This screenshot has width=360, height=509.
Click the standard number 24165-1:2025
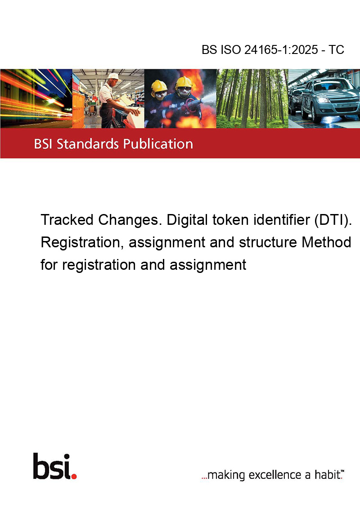tap(281, 49)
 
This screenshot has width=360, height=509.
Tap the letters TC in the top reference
tap(336, 49)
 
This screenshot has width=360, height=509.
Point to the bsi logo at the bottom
tap(55, 466)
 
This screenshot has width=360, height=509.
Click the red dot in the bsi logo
tap(74, 477)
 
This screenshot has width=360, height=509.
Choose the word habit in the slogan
tap(328, 474)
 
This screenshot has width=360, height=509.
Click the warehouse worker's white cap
tap(114, 76)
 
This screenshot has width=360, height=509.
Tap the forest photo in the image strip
tap(252, 98)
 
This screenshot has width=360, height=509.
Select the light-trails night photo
tap(36, 98)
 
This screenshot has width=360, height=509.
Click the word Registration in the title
tap(82, 243)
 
